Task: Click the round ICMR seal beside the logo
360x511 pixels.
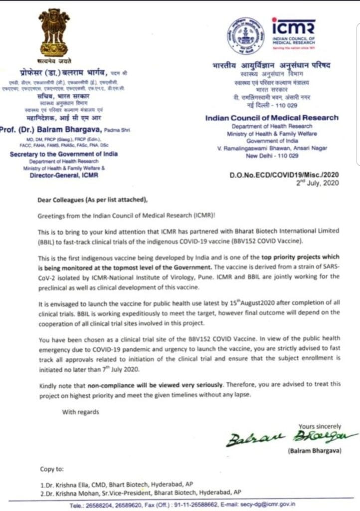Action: coord(246,36)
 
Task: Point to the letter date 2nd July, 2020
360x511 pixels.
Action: coord(317,183)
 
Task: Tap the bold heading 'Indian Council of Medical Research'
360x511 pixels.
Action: coord(272,118)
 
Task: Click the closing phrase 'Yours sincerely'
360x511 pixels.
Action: coord(320,426)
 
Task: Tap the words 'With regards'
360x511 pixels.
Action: coord(80,412)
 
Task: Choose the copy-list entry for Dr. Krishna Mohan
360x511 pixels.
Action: coord(141,492)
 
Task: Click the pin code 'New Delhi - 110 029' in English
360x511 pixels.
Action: coord(272,156)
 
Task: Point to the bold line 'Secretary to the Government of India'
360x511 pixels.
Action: coord(64,154)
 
